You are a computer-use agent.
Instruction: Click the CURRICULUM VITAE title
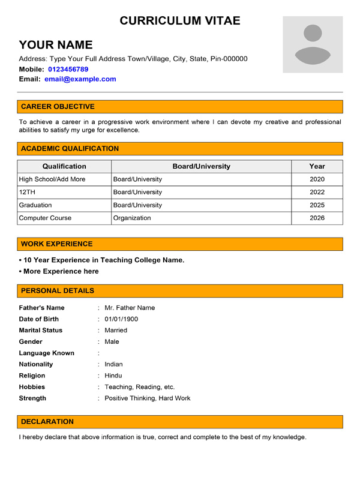pos(180,20)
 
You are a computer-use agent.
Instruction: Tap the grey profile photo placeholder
pos(313,45)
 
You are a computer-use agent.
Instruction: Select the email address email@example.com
pos(80,79)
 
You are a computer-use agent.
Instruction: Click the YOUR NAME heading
pos(56,44)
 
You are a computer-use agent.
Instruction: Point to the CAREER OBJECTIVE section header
pos(58,107)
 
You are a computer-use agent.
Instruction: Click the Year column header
pos(317,166)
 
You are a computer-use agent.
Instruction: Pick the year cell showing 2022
pos(317,192)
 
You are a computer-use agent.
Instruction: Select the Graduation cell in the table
pos(35,205)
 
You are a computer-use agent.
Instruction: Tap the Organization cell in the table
pos(132,218)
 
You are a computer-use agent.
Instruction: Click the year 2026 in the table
pos(317,218)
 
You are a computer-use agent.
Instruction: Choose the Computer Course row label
pos(45,218)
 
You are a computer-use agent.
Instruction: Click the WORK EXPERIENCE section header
pos(57,244)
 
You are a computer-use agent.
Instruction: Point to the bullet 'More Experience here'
pos(59,271)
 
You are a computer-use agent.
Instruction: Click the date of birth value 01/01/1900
pos(121,319)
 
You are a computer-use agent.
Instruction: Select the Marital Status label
pos(41,330)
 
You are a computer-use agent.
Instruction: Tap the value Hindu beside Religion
pos(113,376)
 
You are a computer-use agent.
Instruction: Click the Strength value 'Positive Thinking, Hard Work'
pos(148,398)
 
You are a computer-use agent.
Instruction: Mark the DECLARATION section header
pos(47,422)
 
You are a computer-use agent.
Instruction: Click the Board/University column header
pos(201,166)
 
